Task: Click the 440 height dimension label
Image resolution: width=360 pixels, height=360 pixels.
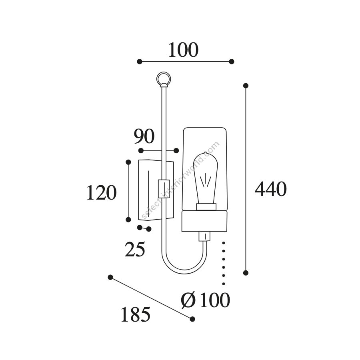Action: [271, 189]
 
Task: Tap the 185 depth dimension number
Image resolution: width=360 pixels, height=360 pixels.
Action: [136, 314]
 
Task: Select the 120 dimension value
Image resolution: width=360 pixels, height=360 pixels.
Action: [101, 192]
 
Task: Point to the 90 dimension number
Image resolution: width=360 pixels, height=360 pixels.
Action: [144, 136]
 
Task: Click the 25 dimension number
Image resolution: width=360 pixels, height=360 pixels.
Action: [135, 249]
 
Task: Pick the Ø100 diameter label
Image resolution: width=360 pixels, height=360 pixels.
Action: [205, 300]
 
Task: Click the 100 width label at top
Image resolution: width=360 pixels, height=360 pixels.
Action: [183, 50]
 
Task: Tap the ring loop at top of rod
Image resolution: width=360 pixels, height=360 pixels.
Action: [164, 79]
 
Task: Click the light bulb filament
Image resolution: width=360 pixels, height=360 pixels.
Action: [206, 181]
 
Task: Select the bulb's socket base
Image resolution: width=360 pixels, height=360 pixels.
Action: [206, 207]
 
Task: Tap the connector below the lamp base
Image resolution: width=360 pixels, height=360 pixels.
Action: [204, 236]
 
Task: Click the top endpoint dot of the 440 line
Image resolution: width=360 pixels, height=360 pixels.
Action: [246, 86]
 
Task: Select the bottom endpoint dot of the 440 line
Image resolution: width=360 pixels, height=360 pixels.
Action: [246, 273]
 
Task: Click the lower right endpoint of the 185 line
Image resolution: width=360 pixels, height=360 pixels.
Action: [192, 319]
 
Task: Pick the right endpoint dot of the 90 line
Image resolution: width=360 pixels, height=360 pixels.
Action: [176, 151]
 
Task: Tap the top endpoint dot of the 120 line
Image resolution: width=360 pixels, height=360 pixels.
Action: [128, 162]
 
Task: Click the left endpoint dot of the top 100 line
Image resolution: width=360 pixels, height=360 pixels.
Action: [140, 62]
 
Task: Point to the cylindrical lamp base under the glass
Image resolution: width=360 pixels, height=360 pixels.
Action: [204, 221]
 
